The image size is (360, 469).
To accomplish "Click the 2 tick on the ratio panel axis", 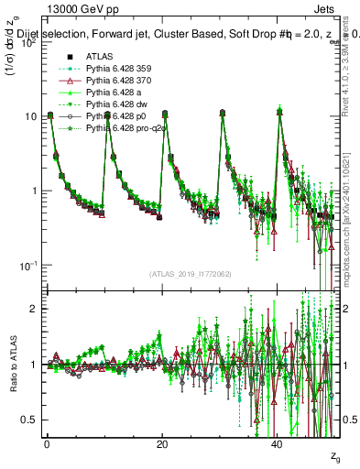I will coord(31,309).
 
